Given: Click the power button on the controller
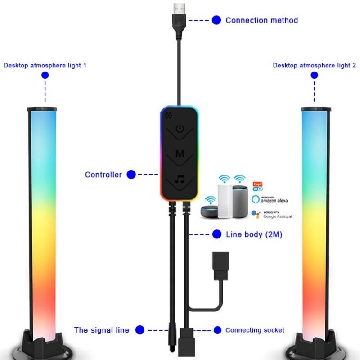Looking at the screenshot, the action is pos(180,129).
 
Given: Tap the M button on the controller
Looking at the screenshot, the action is pos(180,153).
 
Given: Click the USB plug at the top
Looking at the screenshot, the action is pos(179,21).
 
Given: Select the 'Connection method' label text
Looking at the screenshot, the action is pos(262,20).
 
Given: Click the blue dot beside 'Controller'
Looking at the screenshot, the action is pos(131,175).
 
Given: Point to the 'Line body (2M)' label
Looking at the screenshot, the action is pos(254,234).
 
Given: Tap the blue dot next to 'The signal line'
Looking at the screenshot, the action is pos(140,330).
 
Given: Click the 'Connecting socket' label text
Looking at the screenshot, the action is pos(255,330).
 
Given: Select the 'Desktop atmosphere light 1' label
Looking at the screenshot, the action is pos(45,65).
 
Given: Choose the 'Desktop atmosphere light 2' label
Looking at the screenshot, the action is pos(314,65).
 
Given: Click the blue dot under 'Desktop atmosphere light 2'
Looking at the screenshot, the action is pos(314,75).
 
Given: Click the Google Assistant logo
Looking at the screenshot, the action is pos(272,215).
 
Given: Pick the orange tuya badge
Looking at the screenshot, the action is pos(257,184).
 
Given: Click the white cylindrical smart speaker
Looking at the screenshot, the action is pos(225,201).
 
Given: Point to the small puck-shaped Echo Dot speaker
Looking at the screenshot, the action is pos(209,211).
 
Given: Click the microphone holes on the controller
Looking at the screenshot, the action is pos(168,115).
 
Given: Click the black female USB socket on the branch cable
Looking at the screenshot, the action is pos(221,265).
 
